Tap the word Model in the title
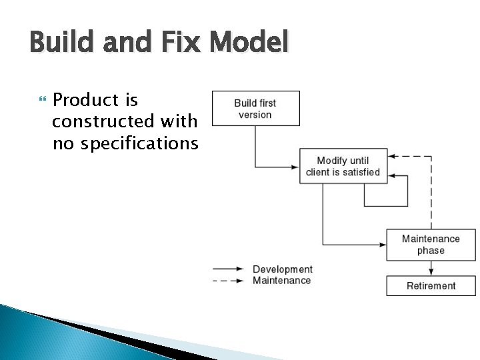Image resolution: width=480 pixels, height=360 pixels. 249,43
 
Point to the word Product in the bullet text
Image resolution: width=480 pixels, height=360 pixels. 95,100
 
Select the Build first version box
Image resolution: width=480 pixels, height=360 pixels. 255,109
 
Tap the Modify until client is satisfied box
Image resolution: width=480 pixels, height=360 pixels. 343,166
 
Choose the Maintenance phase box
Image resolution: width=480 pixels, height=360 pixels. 431,245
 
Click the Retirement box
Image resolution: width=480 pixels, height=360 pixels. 431,286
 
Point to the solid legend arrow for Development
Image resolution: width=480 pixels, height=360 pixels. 229,269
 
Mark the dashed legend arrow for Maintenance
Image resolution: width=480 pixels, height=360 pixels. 229,281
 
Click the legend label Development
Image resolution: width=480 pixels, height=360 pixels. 283,269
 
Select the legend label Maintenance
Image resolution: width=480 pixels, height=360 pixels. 282,281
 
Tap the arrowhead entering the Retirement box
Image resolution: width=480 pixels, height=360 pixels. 431,271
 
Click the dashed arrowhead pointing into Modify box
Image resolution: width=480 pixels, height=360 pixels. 392,157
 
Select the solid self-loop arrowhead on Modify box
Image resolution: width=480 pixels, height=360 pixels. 392,177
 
